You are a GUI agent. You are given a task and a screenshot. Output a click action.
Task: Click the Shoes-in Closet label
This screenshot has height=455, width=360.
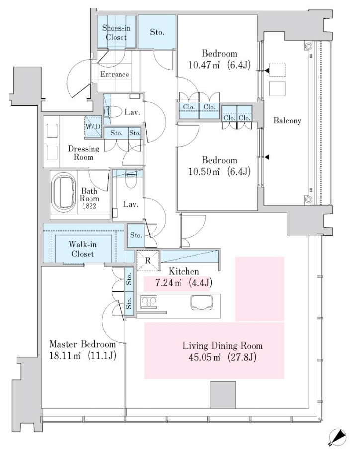coord(116,32)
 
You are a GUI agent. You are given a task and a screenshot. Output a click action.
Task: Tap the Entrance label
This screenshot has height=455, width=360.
coord(114,75)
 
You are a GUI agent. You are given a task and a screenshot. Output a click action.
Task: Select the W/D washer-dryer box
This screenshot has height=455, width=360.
coord(93,126)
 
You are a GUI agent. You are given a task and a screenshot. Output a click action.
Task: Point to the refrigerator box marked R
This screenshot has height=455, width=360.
coord(148,260)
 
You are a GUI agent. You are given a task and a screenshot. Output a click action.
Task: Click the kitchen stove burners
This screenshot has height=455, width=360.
coord(149,302)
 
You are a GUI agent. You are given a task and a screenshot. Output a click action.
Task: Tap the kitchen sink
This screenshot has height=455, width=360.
coord(202,303)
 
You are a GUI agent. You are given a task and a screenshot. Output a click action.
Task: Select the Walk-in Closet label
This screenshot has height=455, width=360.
coord(83,249)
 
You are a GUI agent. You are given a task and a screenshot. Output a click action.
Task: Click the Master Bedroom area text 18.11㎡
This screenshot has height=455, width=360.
coord(65,356)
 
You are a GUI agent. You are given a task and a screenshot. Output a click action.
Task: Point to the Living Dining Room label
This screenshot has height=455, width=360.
coord(223,346)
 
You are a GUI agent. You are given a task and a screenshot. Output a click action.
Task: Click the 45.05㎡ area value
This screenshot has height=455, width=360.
coord(204,357)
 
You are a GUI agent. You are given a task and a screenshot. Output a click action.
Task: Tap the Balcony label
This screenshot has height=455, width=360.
coord(287,121)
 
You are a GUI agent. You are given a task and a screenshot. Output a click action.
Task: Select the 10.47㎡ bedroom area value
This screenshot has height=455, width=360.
coord(204,65)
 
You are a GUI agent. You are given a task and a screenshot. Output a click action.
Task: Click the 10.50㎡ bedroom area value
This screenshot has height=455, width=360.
coord(204,171)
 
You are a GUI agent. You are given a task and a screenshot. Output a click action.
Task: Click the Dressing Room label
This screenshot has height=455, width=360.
coord(84,153)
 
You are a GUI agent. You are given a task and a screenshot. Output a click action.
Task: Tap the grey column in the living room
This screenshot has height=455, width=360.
coord(223,395)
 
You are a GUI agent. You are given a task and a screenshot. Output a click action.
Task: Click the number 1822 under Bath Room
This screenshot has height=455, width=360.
coord(89,206)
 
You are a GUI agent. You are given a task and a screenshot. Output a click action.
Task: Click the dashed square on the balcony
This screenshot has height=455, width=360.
coord(277,70)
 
